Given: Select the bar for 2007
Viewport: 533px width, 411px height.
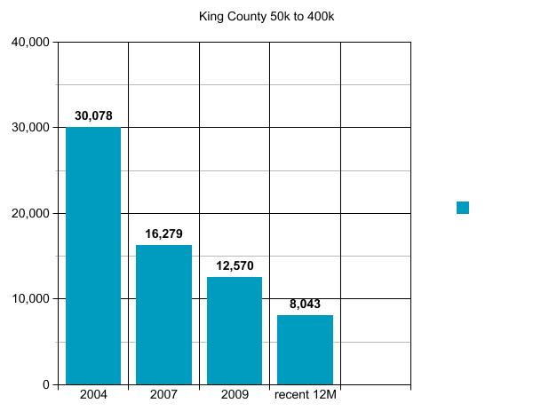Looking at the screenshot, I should pyautogui.click(x=163, y=314).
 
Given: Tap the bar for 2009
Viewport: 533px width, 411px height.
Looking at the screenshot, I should pyautogui.click(x=235, y=330).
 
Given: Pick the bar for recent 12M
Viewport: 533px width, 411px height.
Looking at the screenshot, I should pyautogui.click(x=305, y=350).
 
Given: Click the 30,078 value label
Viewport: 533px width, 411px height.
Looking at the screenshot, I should pyautogui.click(x=93, y=115).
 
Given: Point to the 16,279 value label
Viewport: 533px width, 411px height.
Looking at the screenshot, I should pyautogui.click(x=163, y=234).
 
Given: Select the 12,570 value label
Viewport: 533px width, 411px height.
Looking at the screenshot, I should pyautogui.click(x=235, y=266).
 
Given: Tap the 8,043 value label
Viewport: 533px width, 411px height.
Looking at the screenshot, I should pyautogui.click(x=305, y=304).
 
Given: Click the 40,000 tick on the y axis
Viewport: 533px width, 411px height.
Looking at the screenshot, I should pyautogui.click(x=30, y=42).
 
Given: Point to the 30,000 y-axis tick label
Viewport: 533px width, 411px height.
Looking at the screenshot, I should pyautogui.click(x=30, y=128).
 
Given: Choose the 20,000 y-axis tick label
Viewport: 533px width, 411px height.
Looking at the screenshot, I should pyautogui.click(x=30, y=213).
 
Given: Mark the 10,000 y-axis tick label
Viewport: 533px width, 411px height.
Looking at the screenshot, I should pyautogui.click(x=30, y=299).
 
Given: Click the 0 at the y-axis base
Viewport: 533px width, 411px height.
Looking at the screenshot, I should pyautogui.click(x=46, y=384).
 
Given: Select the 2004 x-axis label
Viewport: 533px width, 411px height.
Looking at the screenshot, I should pyautogui.click(x=93, y=394).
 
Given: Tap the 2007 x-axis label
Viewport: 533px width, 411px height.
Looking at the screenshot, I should pyautogui.click(x=163, y=394).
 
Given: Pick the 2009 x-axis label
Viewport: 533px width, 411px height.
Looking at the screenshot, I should pyautogui.click(x=235, y=394).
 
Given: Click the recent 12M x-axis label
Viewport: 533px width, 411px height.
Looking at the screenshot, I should pyautogui.click(x=305, y=394).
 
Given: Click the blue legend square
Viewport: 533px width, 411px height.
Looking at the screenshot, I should pyautogui.click(x=463, y=208).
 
